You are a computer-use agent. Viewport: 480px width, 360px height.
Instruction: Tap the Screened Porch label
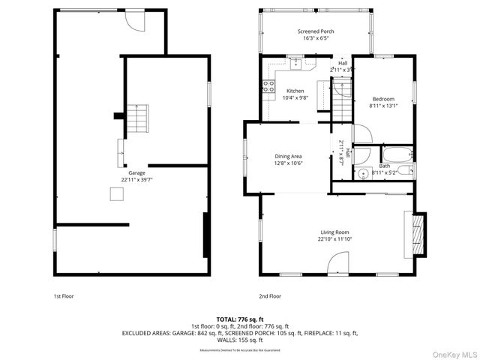(x=315, y=31)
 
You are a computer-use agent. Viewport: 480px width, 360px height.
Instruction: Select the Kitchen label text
(x=295, y=91)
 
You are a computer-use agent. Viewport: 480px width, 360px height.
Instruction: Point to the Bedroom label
(x=382, y=99)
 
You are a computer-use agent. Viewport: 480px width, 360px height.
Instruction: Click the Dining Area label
(x=288, y=156)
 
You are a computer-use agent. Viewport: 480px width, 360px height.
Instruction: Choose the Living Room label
(x=335, y=232)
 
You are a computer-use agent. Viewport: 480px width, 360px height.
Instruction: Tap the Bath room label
(x=384, y=166)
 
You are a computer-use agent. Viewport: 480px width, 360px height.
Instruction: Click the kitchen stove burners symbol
(x=267, y=87)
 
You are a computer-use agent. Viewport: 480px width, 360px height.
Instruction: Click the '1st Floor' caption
(x=63, y=296)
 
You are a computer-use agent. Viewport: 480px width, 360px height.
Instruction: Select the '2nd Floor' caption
(x=270, y=296)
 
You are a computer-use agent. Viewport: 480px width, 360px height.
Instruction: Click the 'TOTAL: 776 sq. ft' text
(x=240, y=319)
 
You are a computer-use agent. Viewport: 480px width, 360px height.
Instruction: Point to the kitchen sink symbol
(x=298, y=63)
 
